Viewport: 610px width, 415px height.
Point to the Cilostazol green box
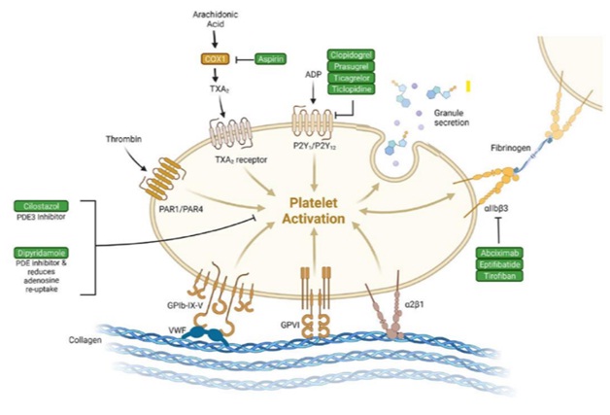(40, 206)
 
